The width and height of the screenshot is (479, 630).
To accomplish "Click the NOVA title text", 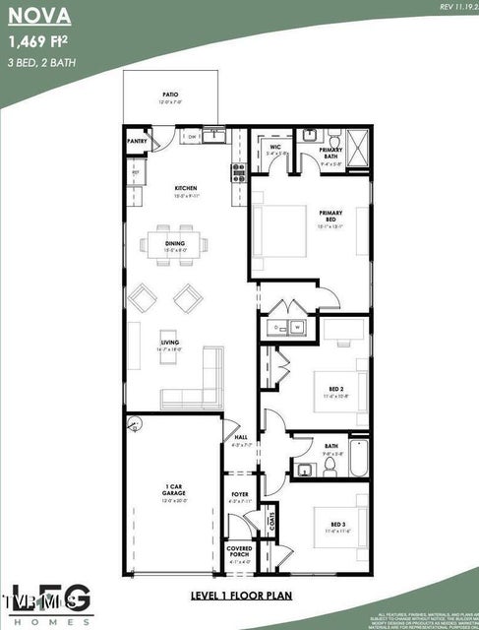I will click(36, 17).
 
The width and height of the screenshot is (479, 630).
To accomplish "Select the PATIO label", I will click(170, 96).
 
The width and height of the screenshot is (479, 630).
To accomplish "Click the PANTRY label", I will click(137, 141).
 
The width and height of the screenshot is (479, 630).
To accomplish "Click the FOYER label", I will click(239, 494).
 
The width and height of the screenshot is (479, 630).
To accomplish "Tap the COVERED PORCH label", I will click(239, 550).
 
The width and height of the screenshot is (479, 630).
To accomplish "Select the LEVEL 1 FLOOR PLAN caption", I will click(240, 596).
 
